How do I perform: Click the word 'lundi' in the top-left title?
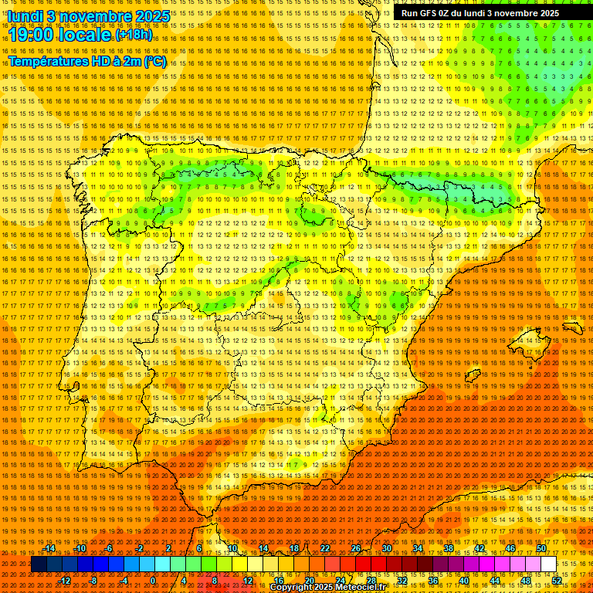click(26, 15)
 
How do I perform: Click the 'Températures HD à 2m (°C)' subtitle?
click(86, 61)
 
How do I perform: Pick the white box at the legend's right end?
click(548, 564)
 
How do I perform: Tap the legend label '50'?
click(541, 549)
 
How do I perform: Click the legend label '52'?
click(557, 580)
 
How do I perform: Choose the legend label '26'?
click(356, 549)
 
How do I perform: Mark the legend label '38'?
click(449, 549)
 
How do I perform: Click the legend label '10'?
click(232, 549)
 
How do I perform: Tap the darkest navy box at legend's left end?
click(39, 564)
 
